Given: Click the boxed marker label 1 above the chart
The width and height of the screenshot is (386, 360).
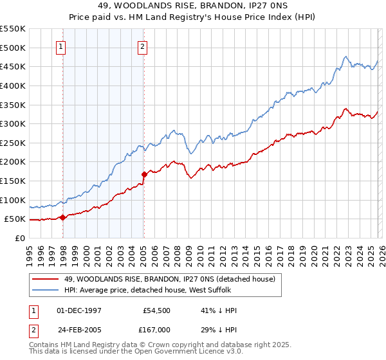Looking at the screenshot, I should [x=60, y=46].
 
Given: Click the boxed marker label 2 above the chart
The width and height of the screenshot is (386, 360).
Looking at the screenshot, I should [x=142, y=46].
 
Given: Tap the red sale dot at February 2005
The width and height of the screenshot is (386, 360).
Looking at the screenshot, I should [x=144, y=174].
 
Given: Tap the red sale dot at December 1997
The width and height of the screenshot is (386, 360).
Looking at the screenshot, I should [x=62, y=217].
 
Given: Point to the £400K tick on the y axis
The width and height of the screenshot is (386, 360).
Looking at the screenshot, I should [x=13, y=85].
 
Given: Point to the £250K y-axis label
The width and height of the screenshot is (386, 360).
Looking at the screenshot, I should [x=13, y=143].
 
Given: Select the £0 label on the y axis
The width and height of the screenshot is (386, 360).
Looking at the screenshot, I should [x=19, y=238].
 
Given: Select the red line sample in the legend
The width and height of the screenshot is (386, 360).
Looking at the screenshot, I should [x=46, y=279].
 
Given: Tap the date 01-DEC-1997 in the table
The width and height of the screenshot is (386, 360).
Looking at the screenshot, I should [x=78, y=310].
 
